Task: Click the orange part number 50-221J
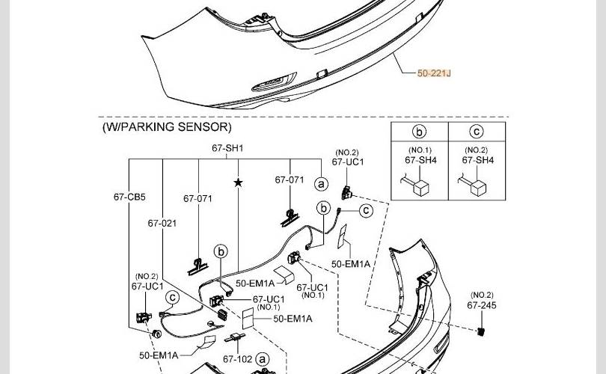(x=434, y=73)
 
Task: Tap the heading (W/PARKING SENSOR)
(x=167, y=127)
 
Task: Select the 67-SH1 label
(x=227, y=148)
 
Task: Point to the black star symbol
(x=239, y=183)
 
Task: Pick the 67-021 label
(x=162, y=224)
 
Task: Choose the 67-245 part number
(x=483, y=305)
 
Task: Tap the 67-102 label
(x=237, y=359)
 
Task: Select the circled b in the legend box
(x=420, y=133)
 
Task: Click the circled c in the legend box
(x=477, y=133)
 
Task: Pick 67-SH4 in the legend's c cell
(x=477, y=160)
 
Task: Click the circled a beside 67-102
(x=263, y=359)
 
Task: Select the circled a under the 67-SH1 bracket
(x=321, y=183)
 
